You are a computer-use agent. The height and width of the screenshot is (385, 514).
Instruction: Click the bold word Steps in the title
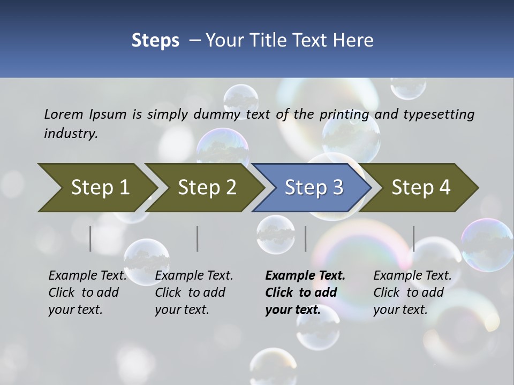pos(155,40)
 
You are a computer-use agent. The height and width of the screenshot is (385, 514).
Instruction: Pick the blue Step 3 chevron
pos(314,187)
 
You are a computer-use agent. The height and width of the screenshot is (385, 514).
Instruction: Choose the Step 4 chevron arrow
pos(421,187)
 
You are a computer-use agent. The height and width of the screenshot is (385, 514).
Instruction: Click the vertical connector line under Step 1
pos(90,238)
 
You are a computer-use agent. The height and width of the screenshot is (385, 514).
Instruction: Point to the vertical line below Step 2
pos(198,238)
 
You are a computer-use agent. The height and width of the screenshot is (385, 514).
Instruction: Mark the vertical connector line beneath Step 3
pos(305,238)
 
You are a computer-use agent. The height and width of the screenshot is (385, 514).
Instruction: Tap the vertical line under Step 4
pos(413,238)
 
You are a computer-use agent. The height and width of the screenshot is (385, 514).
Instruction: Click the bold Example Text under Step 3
pos(305,275)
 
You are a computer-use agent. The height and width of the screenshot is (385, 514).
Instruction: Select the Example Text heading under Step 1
pos(87,275)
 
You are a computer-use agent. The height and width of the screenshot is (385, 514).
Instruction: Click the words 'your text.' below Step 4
pos(400,310)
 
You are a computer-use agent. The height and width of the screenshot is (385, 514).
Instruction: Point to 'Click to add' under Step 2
pos(190,292)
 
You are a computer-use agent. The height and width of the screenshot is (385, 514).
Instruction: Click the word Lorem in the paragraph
pos(64,114)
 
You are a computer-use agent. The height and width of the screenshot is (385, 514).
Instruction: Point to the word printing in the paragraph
pos(344,114)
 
